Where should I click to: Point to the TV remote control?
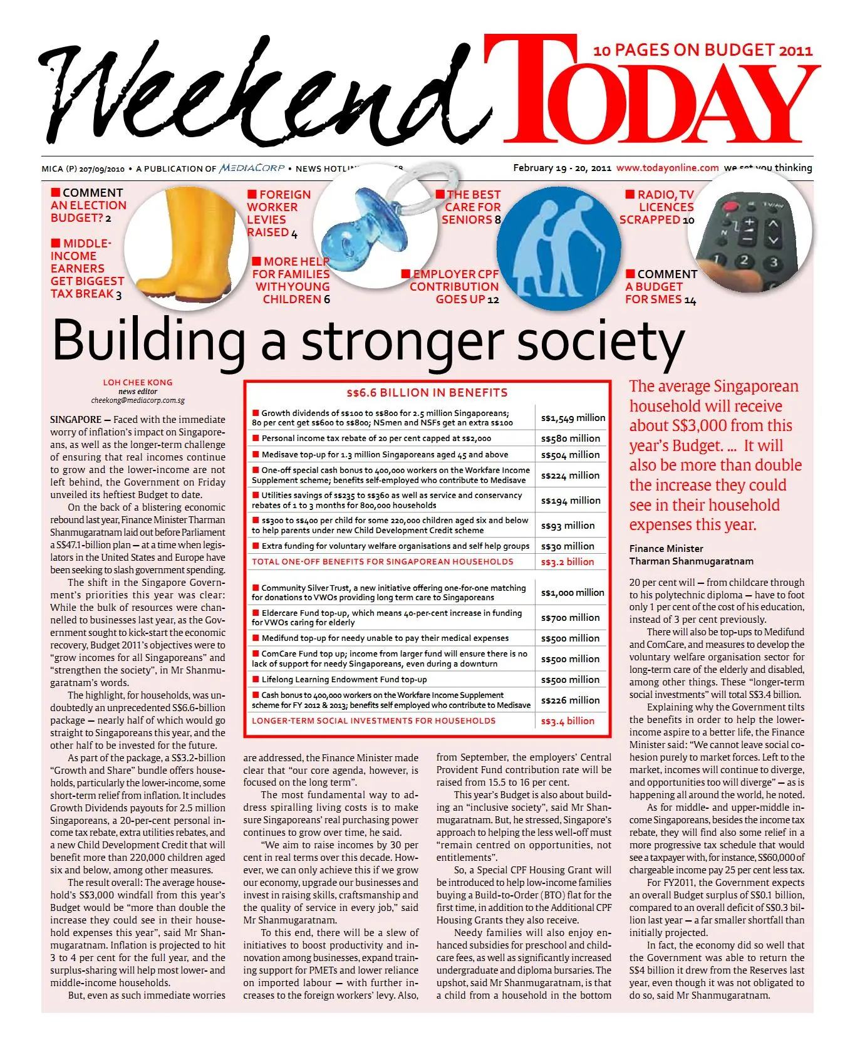point(749,235)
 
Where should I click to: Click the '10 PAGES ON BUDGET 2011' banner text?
point(703,50)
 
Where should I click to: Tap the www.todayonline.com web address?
point(667,168)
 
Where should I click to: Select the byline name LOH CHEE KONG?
point(138,382)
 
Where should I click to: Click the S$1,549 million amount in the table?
point(573,418)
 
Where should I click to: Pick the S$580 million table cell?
point(570,439)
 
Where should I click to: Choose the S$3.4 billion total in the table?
point(567,721)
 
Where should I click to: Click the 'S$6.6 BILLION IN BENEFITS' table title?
point(427,393)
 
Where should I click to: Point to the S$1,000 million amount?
point(573,593)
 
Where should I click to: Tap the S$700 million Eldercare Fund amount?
point(570,618)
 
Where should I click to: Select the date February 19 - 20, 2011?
point(562,168)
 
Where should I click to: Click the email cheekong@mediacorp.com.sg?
point(138,400)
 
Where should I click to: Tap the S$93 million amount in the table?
point(567,526)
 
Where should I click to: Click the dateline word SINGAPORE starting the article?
point(76,420)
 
